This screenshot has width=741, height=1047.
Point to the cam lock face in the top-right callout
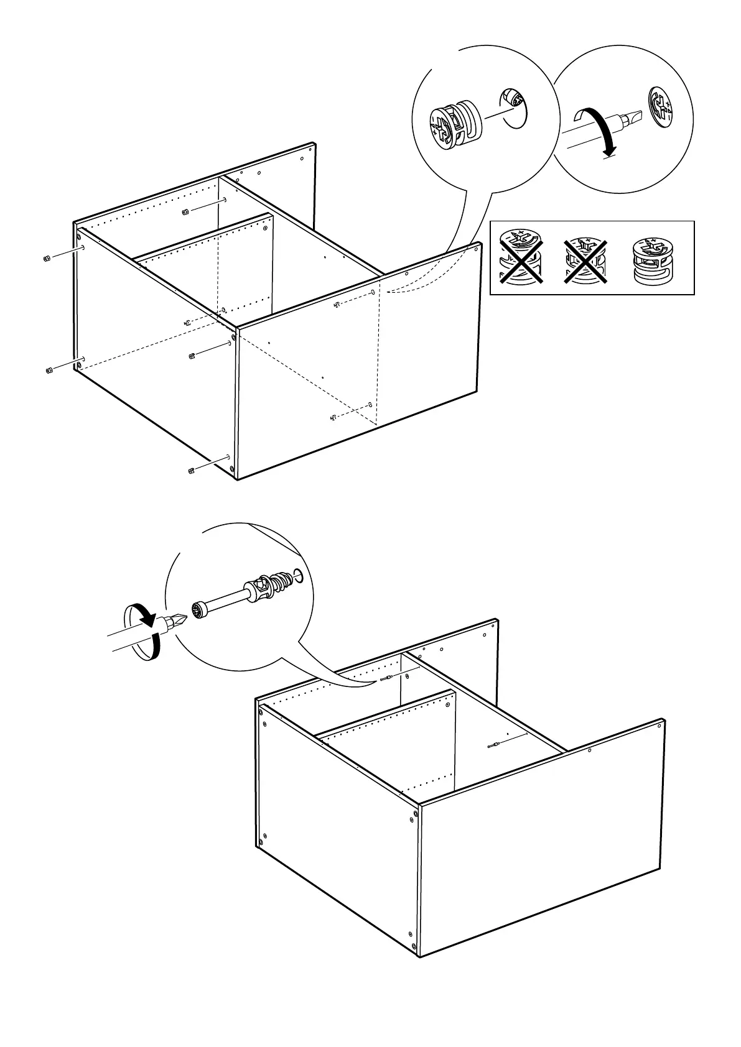660,107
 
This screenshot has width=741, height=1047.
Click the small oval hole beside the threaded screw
299,576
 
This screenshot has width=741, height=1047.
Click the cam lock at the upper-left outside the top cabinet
47,259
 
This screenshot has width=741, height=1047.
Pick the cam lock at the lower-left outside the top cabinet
49,371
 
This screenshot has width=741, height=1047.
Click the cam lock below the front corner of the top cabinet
191,470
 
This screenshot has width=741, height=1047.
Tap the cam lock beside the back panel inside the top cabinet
185,213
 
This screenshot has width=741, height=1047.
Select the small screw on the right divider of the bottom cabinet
492,745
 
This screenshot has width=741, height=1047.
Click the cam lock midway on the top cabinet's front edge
192,356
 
